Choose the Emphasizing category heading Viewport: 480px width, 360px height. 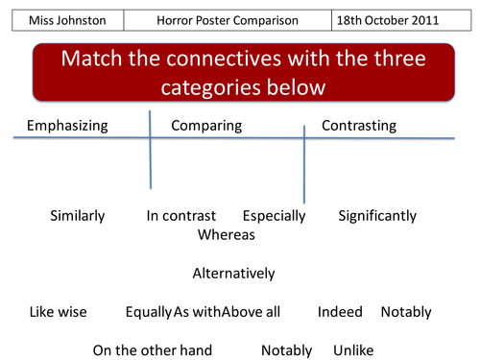point(67,126)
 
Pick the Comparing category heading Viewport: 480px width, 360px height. point(205,126)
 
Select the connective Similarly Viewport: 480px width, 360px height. point(77,216)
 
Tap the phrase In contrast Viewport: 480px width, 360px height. point(181,216)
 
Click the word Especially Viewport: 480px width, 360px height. point(274,216)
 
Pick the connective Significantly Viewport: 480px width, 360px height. point(377,216)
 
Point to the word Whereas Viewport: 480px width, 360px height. point(226,234)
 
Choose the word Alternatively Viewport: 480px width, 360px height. point(233,274)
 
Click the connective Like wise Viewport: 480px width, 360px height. point(58,312)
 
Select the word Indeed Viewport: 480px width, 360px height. point(340,312)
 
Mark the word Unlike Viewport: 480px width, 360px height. point(353,350)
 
